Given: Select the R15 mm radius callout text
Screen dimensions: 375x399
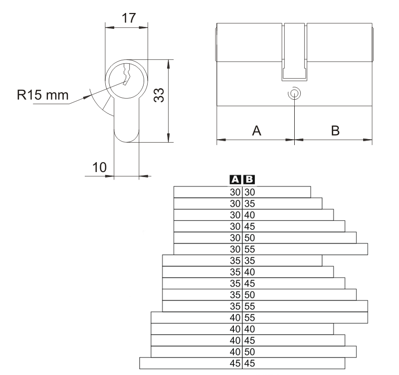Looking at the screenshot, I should click(x=42, y=95).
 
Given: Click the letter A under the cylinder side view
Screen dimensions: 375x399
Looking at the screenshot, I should click(x=256, y=130).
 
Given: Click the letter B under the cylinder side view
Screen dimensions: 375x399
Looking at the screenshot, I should click(x=335, y=130).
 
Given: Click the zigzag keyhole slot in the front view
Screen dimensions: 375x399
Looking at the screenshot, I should click(x=126, y=77).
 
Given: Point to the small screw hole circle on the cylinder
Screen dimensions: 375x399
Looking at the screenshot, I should click(x=295, y=93).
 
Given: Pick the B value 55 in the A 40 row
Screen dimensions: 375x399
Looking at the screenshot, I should click(x=249, y=317).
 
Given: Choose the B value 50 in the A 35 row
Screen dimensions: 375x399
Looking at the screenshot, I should click(x=249, y=294).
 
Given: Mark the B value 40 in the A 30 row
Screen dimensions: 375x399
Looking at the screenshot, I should click(x=249, y=214).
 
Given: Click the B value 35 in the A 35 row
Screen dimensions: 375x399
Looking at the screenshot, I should click(x=249, y=260).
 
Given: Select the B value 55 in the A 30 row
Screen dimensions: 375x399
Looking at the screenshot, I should click(x=249, y=249).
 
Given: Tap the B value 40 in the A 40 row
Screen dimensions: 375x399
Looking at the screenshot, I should click(x=249, y=329).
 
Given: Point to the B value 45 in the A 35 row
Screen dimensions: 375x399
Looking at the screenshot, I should click(x=249, y=283).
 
